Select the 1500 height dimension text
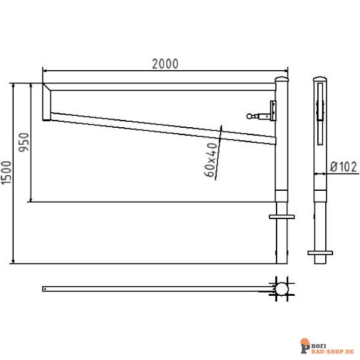tap(7, 173)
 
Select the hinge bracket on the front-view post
tap(274, 111)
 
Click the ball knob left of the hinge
tap(250, 115)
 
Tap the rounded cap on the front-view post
tap(281, 79)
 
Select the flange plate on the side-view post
tap(320, 253)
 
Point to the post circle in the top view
tap(281, 289)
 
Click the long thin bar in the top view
tap(150, 289)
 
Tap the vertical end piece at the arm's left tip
tap(46, 102)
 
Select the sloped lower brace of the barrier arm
tap(162, 127)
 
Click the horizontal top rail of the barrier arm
tap(162, 87)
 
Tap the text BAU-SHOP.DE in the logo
tap(333, 349)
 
